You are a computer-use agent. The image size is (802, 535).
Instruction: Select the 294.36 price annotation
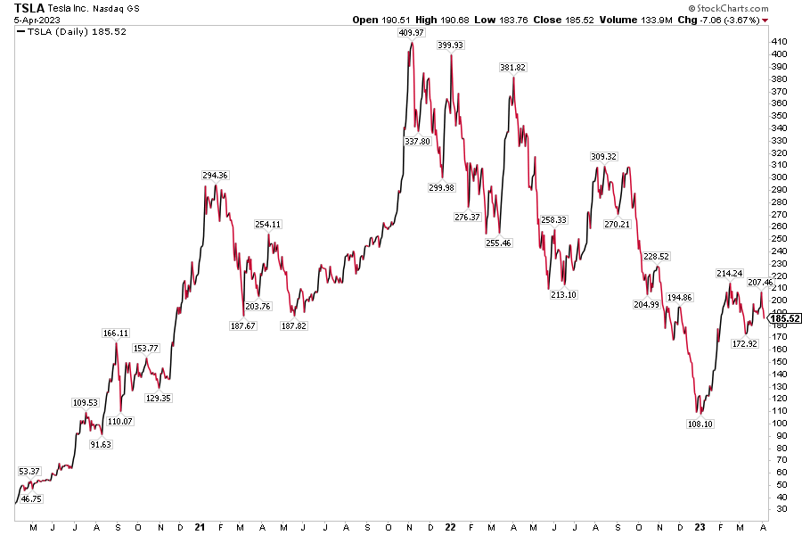[x=215, y=176]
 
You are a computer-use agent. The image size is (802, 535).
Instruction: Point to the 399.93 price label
[x=451, y=45]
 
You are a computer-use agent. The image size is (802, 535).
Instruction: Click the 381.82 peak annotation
[x=513, y=68]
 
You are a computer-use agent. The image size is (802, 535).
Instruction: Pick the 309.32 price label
[x=603, y=157]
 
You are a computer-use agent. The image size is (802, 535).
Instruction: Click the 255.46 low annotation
[x=499, y=243]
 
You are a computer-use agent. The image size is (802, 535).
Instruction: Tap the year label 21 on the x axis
[x=200, y=527]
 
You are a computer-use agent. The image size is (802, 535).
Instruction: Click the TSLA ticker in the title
[x=29, y=8]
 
